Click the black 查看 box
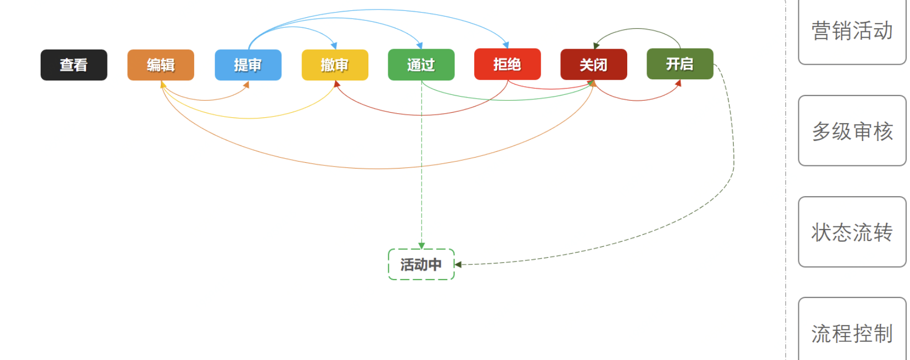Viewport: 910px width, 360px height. tap(74, 65)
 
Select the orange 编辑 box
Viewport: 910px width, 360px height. tap(161, 65)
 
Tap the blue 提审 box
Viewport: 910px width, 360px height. tap(248, 65)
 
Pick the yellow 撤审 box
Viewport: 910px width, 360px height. tap(334, 65)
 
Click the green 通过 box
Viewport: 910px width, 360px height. tap(421, 65)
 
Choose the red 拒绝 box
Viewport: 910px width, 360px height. tap(507, 64)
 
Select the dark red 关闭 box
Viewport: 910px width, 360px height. tap(593, 65)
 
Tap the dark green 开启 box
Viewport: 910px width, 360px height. tap(679, 64)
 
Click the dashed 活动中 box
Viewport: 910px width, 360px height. tap(421, 265)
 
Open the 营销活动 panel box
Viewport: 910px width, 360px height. tap(852, 31)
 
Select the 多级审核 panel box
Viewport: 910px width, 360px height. tap(852, 131)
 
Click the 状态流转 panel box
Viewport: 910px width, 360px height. tap(852, 232)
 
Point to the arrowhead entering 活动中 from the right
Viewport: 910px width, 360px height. tap(458, 265)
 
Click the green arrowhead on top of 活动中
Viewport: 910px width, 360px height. tap(422, 246)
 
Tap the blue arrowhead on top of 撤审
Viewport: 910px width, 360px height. tap(334, 46)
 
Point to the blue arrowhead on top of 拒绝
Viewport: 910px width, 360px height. tap(506, 45)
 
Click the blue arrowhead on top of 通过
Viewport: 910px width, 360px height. tap(420, 46)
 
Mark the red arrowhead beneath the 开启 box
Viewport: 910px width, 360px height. tap(678, 83)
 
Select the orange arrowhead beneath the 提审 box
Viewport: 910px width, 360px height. tap(246, 85)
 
